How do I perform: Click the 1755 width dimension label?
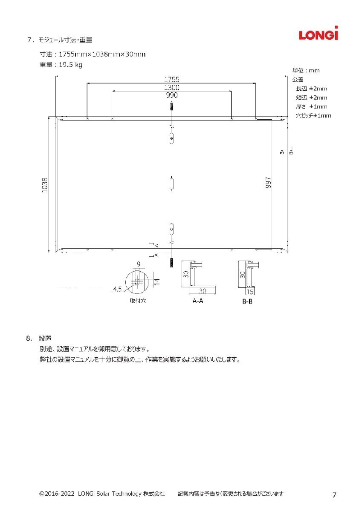(171, 79)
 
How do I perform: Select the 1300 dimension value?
(171, 87)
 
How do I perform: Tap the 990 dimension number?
(171, 95)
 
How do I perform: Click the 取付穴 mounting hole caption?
(138, 301)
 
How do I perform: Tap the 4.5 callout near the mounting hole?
(117, 290)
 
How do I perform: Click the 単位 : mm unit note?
(306, 70)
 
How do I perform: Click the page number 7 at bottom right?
(334, 495)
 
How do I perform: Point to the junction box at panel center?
(171, 183)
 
